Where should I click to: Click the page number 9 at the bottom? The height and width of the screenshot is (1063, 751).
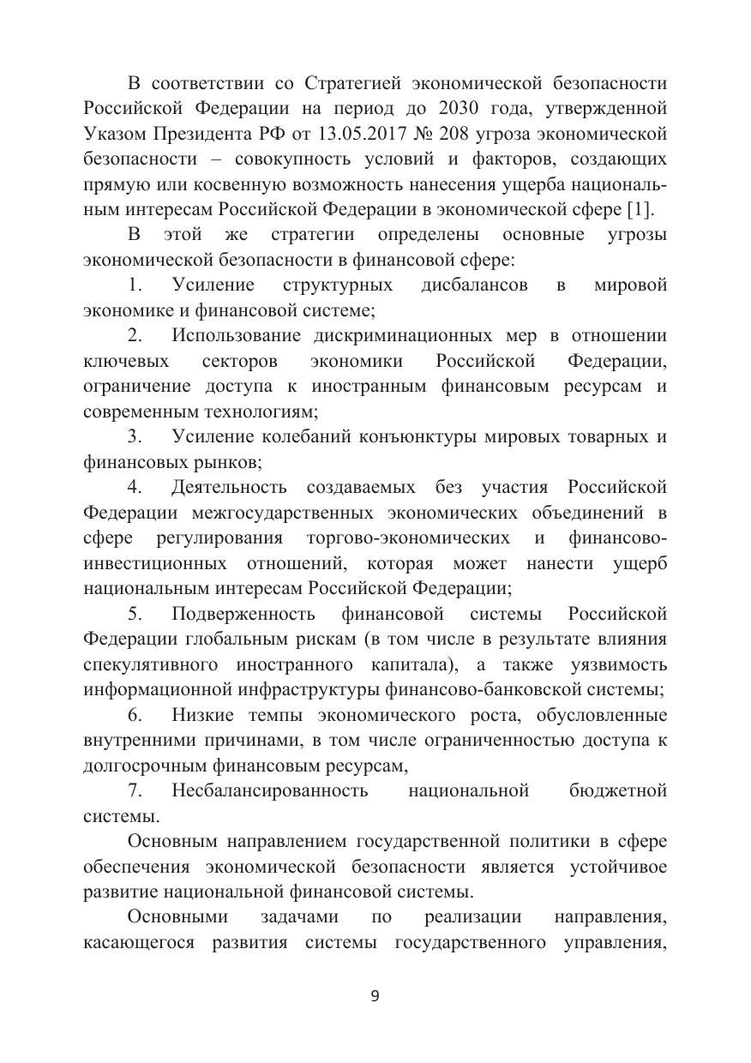(375, 995)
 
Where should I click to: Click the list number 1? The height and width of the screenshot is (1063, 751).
(135, 285)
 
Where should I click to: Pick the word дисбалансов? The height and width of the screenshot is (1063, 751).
(474, 285)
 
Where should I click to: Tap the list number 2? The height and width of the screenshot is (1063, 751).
(135, 335)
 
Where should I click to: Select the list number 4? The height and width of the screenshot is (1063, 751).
(135, 487)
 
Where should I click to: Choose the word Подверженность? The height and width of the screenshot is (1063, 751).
(243, 614)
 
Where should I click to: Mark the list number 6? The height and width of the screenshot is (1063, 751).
(135, 715)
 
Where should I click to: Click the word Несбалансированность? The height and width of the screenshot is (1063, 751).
(269, 790)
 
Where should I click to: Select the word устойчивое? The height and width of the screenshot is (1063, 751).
(617, 867)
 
